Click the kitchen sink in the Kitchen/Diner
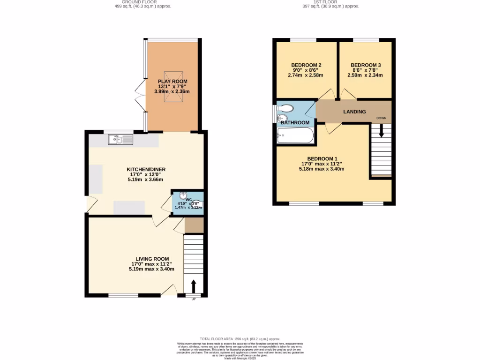(x=120, y=139)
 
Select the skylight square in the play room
(x=172, y=81)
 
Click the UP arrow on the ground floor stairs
(x=193, y=285)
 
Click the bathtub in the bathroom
(x=295, y=136)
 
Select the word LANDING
(x=355, y=112)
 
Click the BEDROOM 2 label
(x=306, y=65)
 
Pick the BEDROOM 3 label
(x=365, y=65)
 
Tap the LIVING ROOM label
(x=152, y=259)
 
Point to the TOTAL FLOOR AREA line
(x=240, y=338)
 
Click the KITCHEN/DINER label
(x=146, y=169)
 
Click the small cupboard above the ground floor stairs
(x=193, y=225)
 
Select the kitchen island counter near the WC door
(x=129, y=207)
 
